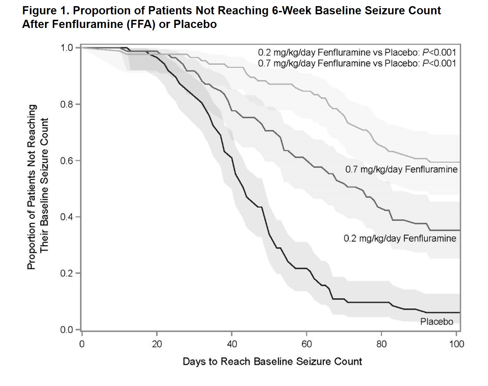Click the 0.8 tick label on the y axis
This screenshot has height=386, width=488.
pos(67,104)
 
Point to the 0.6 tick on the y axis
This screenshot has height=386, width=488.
pos(67,161)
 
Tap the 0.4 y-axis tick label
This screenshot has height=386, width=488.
pos(67,217)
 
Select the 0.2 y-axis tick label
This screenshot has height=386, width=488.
pos(67,273)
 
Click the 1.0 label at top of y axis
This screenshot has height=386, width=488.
pos(67,47)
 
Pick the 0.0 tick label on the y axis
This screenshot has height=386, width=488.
pos(67,330)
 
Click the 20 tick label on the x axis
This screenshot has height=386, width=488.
pos(157,344)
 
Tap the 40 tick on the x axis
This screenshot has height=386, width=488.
pos(232,344)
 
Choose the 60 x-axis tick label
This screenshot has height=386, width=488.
pos(306,344)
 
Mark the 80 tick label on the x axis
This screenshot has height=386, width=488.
pos(382,344)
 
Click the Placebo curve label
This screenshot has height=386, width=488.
pos(436,322)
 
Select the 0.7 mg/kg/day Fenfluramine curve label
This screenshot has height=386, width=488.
pos(401,169)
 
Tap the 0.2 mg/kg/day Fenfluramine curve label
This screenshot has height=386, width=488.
pos(400,238)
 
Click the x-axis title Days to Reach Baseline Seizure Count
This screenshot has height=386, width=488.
pos(272,361)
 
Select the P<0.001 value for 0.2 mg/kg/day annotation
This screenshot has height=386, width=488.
pos(439,53)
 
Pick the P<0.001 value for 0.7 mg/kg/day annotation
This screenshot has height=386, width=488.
pos(439,63)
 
